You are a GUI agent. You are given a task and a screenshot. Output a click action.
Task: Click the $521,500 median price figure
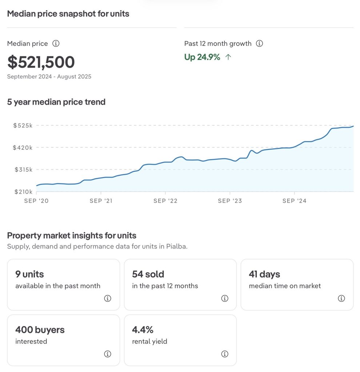pos(41,62)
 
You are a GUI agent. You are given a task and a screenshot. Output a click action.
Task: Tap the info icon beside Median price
pos(56,44)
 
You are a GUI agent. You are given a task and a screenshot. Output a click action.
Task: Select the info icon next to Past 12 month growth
pos(259,44)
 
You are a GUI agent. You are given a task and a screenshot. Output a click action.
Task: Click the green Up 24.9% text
pos(202,57)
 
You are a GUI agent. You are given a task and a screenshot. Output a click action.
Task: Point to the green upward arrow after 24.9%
pos(228,57)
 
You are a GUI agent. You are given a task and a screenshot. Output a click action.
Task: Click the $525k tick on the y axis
pos(23,125)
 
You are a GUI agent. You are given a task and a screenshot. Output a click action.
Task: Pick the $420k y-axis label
pos(23,147)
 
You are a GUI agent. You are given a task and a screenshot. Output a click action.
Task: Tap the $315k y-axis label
pos(23,170)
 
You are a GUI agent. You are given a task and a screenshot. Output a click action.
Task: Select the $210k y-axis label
pos(23,192)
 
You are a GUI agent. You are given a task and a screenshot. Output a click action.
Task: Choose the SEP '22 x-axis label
pos(165,201)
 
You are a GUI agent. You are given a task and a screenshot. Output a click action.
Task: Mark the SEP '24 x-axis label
pos(295,201)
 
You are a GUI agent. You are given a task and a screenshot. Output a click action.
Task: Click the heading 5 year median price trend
pos(56,102)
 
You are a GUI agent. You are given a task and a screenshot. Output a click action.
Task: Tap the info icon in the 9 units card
pos(108,298)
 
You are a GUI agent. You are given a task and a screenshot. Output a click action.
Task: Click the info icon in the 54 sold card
pos(225,298)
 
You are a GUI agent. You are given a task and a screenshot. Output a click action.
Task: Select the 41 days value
pos(264,274)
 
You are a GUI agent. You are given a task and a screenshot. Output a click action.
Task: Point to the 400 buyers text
pos(40,330)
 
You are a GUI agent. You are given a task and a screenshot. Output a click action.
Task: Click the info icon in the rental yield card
pos(225,354)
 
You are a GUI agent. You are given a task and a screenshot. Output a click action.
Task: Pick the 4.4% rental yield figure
pos(143,330)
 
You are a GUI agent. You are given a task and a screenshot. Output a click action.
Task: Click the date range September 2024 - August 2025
pos(49,77)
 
